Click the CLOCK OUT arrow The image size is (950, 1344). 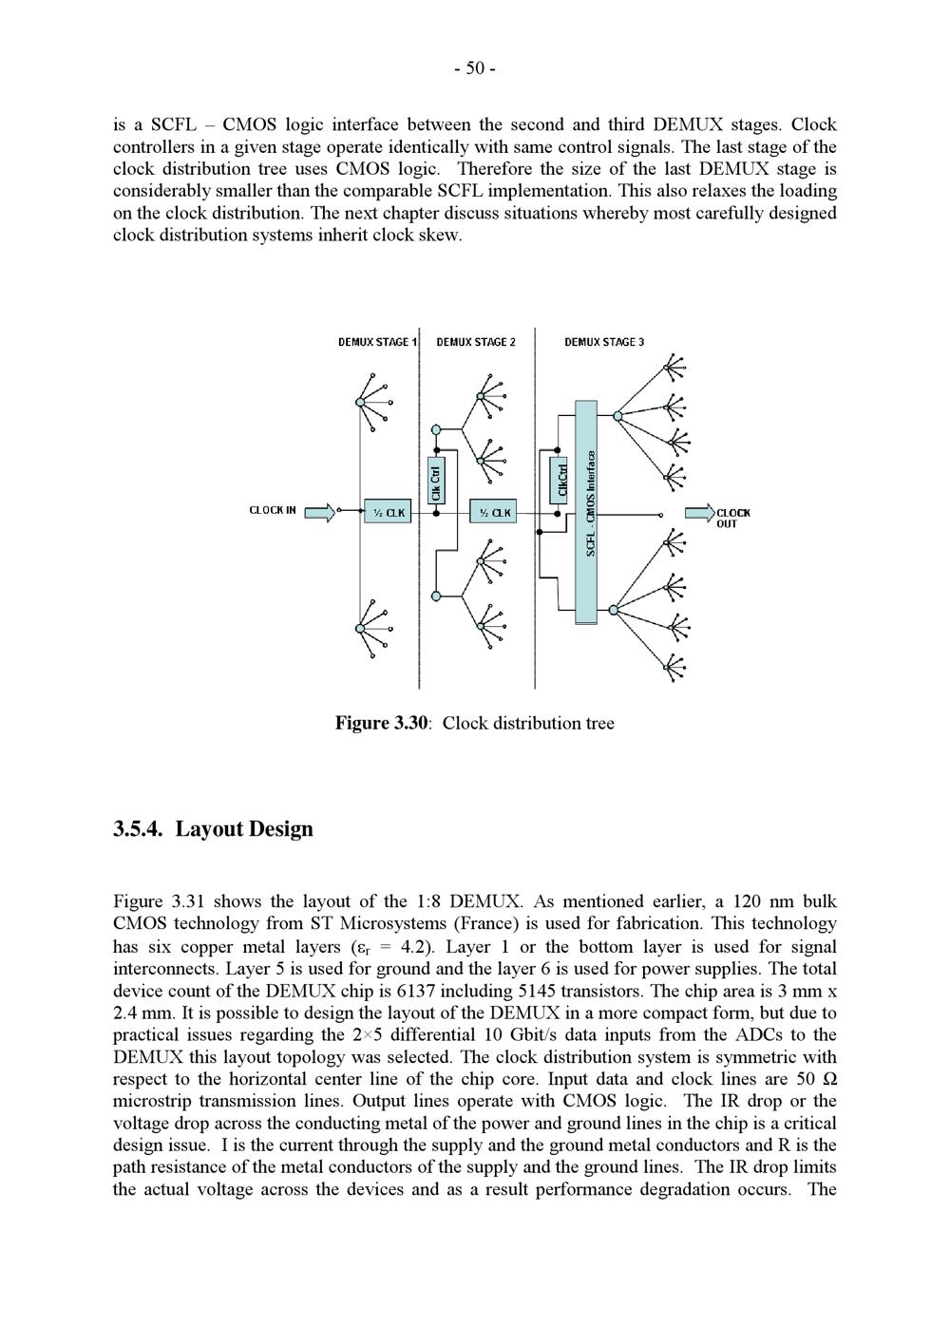(x=699, y=514)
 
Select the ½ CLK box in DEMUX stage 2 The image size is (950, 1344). (x=494, y=513)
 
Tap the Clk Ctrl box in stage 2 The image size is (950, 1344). (x=436, y=480)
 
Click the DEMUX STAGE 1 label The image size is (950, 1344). (x=377, y=342)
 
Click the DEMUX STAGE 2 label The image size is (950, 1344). (x=476, y=342)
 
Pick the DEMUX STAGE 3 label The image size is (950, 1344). (x=604, y=342)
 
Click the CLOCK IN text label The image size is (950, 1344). (x=273, y=511)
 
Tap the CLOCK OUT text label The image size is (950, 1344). (x=732, y=518)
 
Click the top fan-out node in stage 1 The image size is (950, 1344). (x=360, y=403)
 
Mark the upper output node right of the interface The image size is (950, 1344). (x=617, y=416)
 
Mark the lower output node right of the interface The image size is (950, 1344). (x=615, y=609)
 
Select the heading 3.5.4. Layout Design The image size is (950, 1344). (x=213, y=829)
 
